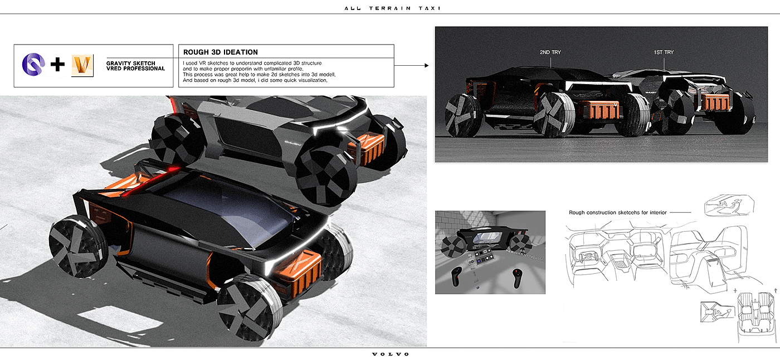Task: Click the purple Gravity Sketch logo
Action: point(33,65)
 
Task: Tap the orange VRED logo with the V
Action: point(82,65)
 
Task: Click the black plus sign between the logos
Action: point(57,65)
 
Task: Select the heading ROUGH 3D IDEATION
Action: point(221,52)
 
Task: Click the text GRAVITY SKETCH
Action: point(130,63)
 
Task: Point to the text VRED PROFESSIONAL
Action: point(136,69)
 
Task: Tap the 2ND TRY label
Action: point(550,52)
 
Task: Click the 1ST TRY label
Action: point(664,52)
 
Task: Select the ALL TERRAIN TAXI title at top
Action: point(392,8)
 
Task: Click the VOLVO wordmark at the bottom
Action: point(391,354)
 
